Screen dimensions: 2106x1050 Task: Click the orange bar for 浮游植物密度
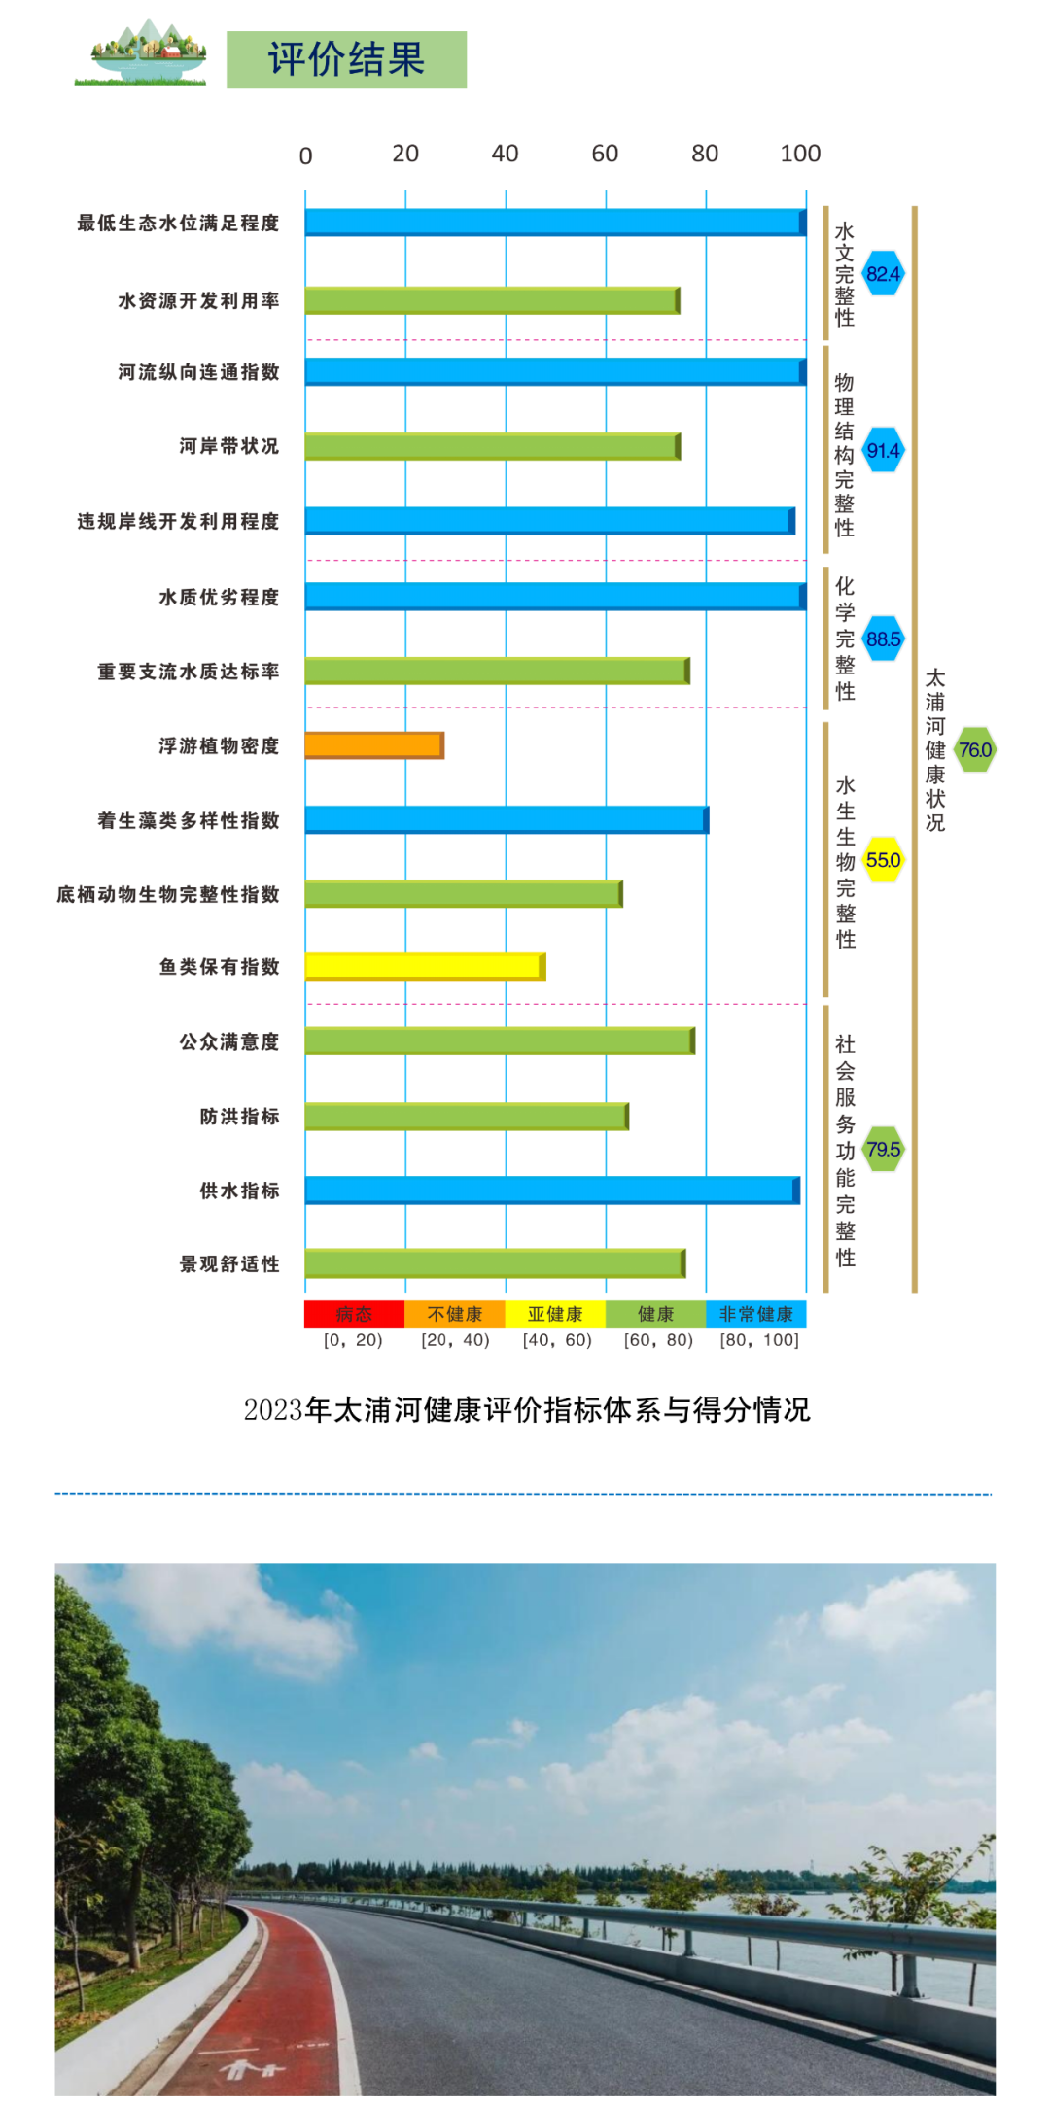tap(374, 745)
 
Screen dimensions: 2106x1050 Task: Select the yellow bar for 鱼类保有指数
tap(425, 966)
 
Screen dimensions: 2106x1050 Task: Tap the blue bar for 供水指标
tap(551, 1190)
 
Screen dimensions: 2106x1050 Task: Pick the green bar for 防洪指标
tap(467, 1116)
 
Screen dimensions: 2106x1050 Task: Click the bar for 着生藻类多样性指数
tap(506, 820)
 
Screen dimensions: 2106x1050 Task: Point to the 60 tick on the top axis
tap(605, 154)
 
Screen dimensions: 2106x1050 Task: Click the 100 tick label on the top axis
tap(800, 154)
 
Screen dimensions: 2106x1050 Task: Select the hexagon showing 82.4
tap(883, 274)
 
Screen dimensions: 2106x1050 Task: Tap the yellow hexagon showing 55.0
tap(883, 860)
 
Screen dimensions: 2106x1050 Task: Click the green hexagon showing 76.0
tap(974, 750)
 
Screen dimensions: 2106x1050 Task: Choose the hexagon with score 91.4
tap(883, 451)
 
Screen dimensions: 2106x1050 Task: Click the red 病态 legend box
tap(354, 1314)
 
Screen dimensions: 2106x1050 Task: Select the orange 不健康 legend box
tap(455, 1314)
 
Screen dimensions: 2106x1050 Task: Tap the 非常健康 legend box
tap(755, 1314)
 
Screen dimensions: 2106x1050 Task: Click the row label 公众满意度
tap(229, 1042)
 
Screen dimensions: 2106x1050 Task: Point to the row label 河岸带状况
tap(229, 446)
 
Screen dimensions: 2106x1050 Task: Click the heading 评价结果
tap(346, 59)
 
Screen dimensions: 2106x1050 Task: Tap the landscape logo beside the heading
tap(141, 54)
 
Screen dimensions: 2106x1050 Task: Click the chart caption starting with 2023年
tap(526, 1409)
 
